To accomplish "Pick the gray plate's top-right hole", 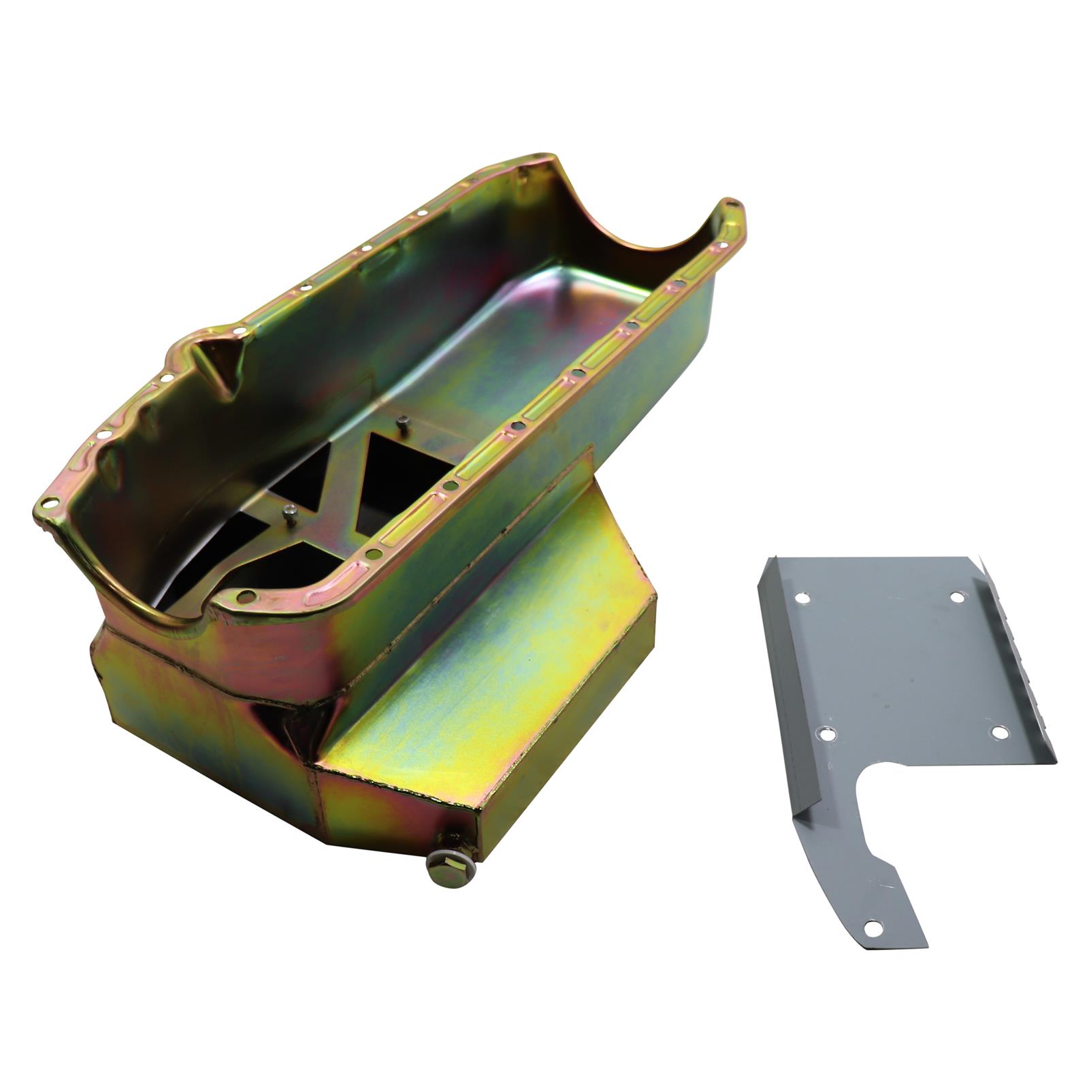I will point(956,598).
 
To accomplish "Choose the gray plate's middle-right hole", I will point(998,732).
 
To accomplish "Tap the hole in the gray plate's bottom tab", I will point(873,926).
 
